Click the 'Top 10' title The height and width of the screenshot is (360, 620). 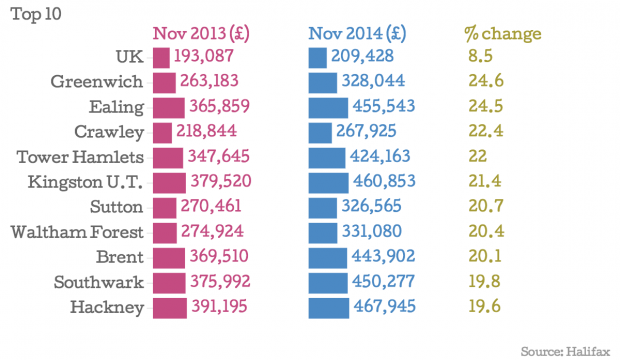tap(36, 14)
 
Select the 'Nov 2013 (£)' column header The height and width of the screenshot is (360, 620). tap(201, 34)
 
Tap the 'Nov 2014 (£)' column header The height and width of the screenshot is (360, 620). tap(357, 34)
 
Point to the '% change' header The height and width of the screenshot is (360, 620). tap(503, 34)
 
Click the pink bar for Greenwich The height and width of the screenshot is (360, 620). tap(164, 83)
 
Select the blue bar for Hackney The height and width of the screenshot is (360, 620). tap(329, 308)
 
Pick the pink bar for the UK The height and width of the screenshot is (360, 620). tap(161, 58)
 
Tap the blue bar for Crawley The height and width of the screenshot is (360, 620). tap(320, 133)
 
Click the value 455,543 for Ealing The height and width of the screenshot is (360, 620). tap(384, 106)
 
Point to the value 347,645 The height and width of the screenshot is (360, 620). tap(218, 156)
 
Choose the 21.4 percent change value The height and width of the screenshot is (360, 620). tap(485, 181)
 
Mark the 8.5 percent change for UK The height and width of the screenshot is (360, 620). tap(480, 56)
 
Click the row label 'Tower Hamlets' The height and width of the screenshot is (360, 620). tap(80, 157)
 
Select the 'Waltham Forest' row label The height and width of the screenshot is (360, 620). tap(77, 232)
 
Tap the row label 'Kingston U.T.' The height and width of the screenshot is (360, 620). tap(85, 182)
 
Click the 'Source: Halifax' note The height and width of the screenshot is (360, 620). tap(565, 351)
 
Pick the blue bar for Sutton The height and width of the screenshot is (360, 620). tap(323, 208)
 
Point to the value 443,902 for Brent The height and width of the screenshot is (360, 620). tap(383, 256)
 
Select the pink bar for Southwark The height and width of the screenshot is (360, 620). tap(169, 283)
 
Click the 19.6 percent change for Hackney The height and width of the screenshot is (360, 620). tap(485, 307)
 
